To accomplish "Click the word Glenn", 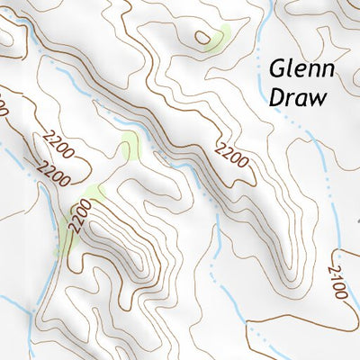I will coord(301,70).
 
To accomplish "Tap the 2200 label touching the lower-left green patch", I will coord(79,218).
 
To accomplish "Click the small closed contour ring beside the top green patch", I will coord(204,38).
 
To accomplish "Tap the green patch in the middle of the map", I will coord(130,143).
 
